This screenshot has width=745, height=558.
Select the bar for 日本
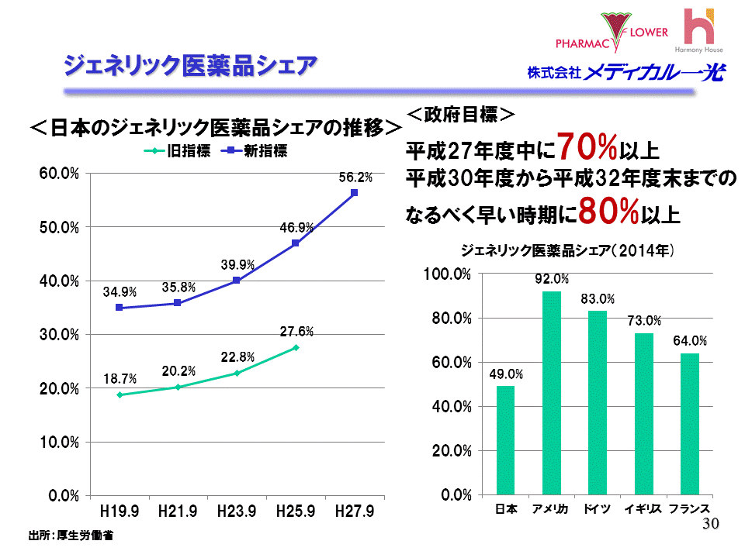[505, 439]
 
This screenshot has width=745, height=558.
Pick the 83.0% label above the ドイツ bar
[598, 299]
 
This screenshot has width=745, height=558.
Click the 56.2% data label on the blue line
[355, 177]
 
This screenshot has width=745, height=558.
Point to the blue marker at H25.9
[296, 243]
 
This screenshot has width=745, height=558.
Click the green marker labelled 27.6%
[296, 347]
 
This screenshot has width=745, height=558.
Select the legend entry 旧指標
[181, 151]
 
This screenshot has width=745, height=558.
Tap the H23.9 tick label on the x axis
[237, 511]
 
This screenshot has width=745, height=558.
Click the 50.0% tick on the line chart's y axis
[60, 227]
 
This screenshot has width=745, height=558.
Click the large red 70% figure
[587, 145]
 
